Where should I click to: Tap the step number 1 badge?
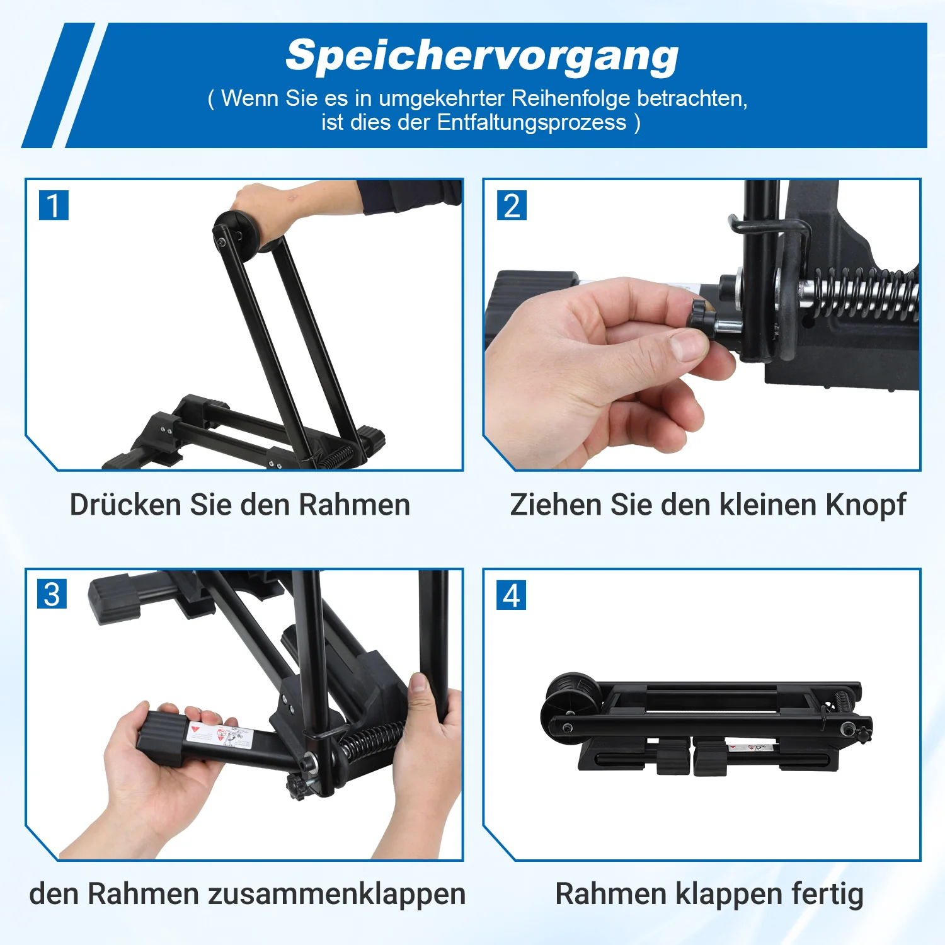[54, 205]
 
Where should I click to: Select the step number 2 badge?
[512, 205]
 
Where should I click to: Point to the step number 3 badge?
[52, 595]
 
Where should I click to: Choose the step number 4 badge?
[512, 595]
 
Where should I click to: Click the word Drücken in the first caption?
[126, 505]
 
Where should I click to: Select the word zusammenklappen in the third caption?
[337, 894]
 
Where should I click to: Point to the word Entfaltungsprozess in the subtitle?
[532, 122]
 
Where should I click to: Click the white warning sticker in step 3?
[220, 735]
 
